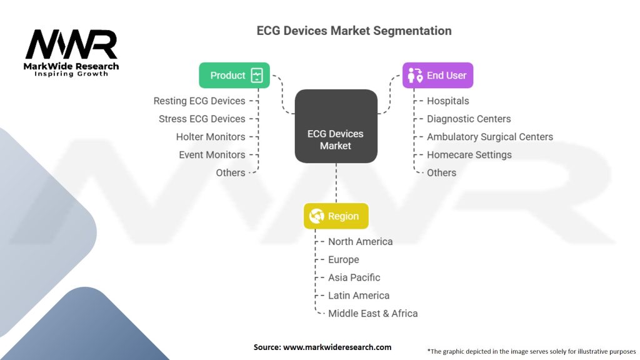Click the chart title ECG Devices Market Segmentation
pyautogui.click(x=354, y=31)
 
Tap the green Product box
pyautogui.click(x=234, y=75)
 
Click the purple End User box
pyautogui.click(x=437, y=75)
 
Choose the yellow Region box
pyautogui.click(x=336, y=216)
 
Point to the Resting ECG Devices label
pyautogui.click(x=199, y=101)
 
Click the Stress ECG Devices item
pyautogui.click(x=202, y=119)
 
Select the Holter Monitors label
pyautogui.click(x=211, y=137)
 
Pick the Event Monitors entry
pyautogui.click(x=212, y=155)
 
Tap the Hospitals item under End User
pyautogui.click(x=447, y=101)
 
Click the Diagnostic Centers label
pyautogui.click(x=469, y=119)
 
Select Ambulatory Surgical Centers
pyautogui.click(x=489, y=137)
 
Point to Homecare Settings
pyautogui.click(x=469, y=155)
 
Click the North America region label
pyautogui.click(x=360, y=242)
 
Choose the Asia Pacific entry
pyautogui.click(x=354, y=277)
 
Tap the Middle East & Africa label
pyautogui.click(x=372, y=314)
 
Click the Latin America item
pyautogui.click(x=358, y=296)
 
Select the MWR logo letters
pyautogui.click(x=71, y=45)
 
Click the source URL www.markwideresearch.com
pyautogui.click(x=337, y=347)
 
